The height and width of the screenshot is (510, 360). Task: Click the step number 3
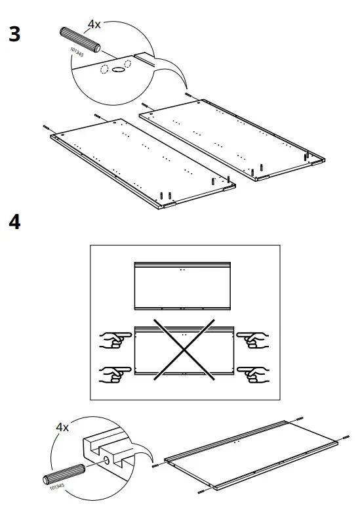tap(14, 34)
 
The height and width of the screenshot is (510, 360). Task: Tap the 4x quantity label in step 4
tap(63, 427)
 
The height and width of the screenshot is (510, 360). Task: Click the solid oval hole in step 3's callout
tap(118, 68)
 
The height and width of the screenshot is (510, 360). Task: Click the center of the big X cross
tap(185, 352)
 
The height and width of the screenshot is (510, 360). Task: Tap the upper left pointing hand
tap(112, 340)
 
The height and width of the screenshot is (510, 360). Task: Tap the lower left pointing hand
tap(112, 373)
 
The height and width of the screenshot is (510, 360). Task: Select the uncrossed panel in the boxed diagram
tap(184, 286)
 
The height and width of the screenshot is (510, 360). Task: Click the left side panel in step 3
tap(141, 161)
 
